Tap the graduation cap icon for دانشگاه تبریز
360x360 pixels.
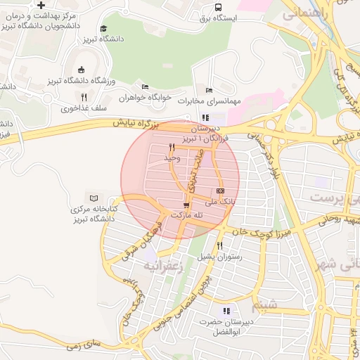tap(104, 29)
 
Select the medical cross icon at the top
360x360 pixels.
tap(41, 5)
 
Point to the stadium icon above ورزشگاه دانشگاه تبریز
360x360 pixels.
tap(81, 70)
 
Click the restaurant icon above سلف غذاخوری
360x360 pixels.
tap(84, 97)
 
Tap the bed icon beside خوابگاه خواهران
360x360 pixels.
tap(145, 86)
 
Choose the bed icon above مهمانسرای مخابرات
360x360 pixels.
tap(207, 90)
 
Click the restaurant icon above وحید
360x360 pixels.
tap(172, 148)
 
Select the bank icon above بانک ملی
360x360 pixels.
tap(221, 191)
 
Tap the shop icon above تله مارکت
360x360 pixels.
tap(186, 205)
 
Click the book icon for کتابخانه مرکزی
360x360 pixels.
tap(91, 198)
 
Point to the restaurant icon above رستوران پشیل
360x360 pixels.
tap(220, 245)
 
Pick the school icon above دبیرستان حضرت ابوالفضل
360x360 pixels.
tap(226, 310)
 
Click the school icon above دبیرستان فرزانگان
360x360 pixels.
tap(205, 117)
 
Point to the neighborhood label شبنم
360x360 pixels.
tap(265, 304)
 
